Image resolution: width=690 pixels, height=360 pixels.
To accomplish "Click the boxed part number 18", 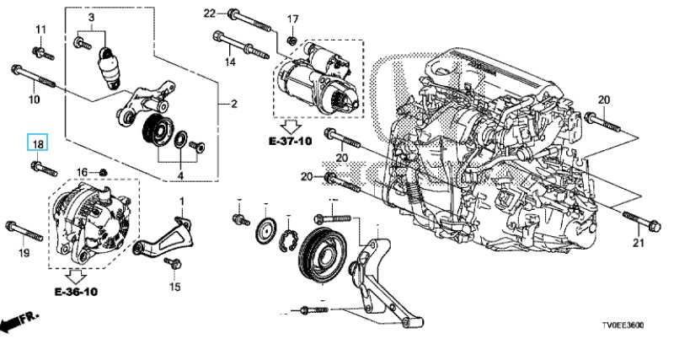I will [x=38, y=144].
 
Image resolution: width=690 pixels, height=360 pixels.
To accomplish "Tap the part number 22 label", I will [x=210, y=12].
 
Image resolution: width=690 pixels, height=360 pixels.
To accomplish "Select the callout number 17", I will [x=293, y=19].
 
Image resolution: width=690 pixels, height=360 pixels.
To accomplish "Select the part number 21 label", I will [x=637, y=244].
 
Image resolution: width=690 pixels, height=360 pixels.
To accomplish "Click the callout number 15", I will [x=174, y=287].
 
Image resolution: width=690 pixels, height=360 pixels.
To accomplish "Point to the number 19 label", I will [x=24, y=253].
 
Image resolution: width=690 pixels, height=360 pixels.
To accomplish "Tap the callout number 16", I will [x=83, y=172].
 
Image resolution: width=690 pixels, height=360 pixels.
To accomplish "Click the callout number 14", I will [x=229, y=62].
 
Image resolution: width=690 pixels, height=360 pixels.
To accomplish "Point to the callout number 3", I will [x=91, y=17].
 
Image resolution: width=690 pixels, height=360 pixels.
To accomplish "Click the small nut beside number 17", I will [x=291, y=40].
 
